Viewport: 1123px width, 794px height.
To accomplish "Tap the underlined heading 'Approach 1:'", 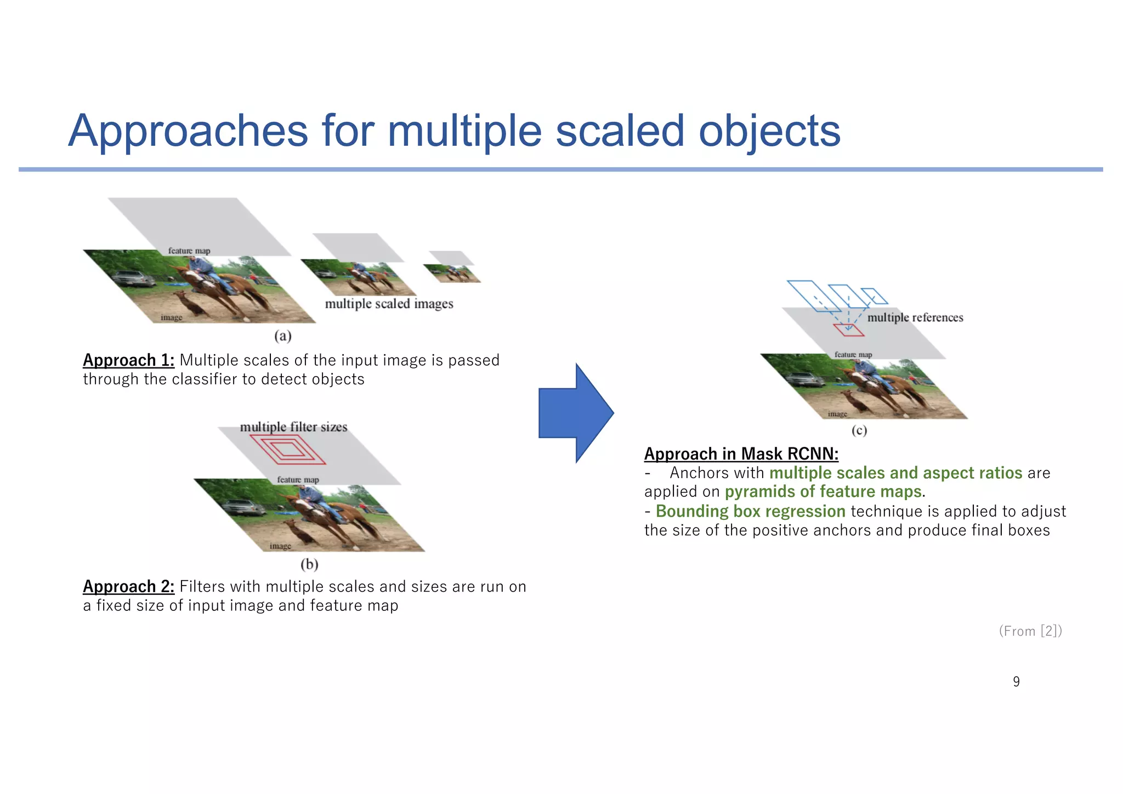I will [128, 360].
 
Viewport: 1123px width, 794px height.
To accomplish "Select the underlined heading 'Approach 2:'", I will [128, 587].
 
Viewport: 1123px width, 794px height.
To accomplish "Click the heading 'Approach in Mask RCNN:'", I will [741, 454].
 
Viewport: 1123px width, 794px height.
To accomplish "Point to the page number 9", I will [1016, 682].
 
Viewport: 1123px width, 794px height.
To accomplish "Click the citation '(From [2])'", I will [1030, 631].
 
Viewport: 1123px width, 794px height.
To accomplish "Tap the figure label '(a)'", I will [282, 336].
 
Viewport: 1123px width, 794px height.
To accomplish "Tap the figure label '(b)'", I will [309, 564].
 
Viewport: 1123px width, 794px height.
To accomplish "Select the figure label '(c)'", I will [859, 430].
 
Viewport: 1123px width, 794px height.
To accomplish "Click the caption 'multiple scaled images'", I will [389, 304].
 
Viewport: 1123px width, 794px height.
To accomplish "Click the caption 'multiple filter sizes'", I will [293, 427].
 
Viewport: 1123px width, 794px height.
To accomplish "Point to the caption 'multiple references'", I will [915, 317].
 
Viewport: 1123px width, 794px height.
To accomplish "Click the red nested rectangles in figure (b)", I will [287, 450].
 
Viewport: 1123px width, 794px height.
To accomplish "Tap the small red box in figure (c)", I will [848, 330].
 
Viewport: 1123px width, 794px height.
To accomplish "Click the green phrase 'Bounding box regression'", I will [750, 511].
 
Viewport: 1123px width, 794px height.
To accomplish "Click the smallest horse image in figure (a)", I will [452, 274].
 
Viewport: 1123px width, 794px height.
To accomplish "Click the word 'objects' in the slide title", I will [769, 131].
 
